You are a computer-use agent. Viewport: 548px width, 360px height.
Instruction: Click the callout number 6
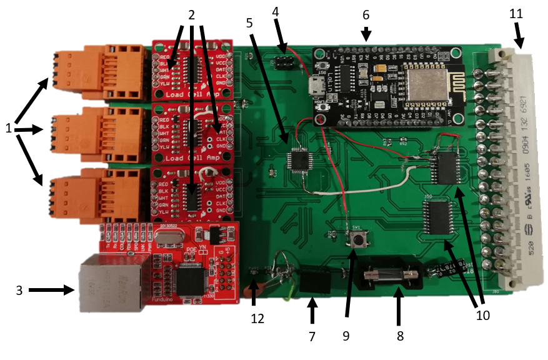(366, 14)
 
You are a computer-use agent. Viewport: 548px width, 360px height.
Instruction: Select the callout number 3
(19, 290)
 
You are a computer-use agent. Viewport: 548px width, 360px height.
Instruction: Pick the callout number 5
(250, 23)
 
